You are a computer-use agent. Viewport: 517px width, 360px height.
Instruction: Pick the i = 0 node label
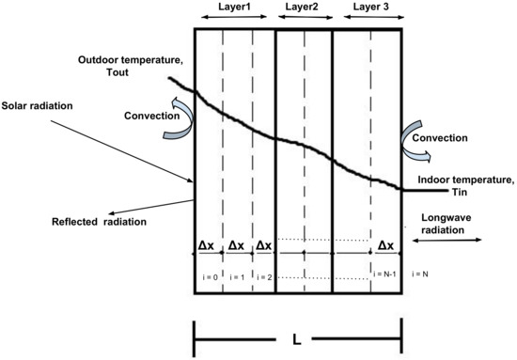click(x=210, y=276)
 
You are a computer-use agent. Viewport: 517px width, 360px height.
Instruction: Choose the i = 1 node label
click(x=238, y=276)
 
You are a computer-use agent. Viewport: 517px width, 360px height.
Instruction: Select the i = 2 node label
click(x=266, y=276)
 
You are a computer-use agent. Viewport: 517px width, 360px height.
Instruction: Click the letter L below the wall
click(x=298, y=336)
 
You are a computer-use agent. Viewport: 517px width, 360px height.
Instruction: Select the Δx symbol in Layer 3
click(x=386, y=245)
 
